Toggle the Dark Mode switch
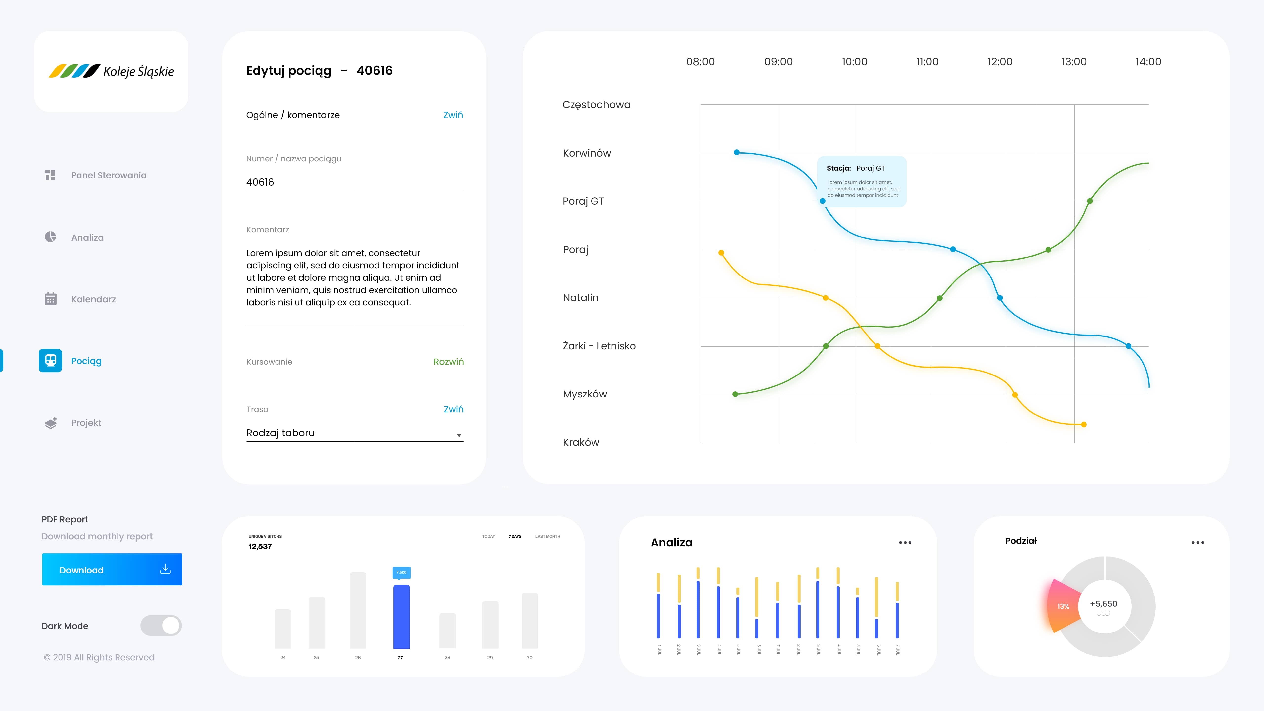click(x=161, y=626)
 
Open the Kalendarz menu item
click(x=93, y=299)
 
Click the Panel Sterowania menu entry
click(x=108, y=175)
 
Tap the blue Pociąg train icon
click(x=51, y=361)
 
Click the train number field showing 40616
click(x=354, y=182)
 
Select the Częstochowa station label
click(x=596, y=104)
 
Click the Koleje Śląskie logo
click(x=111, y=71)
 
